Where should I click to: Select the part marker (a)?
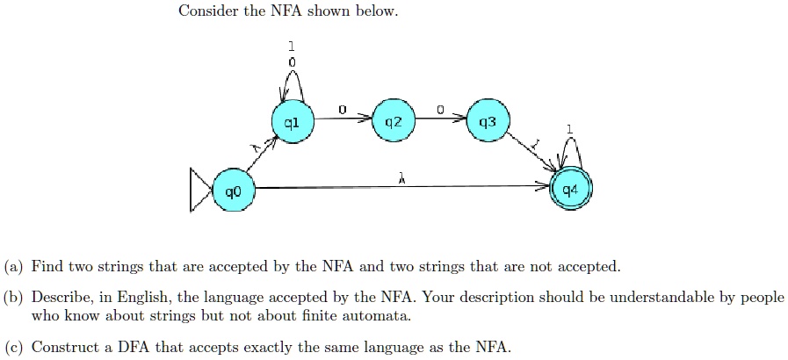[13, 266]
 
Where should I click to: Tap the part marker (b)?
[13, 298]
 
